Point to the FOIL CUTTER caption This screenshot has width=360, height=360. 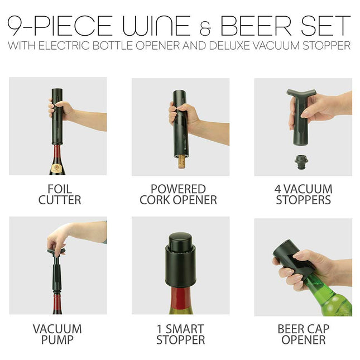tap(59, 194)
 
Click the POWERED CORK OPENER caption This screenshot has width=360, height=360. tap(178, 194)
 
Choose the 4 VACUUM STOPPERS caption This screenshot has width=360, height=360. tap(304, 194)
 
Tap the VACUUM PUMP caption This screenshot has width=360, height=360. tap(57, 334)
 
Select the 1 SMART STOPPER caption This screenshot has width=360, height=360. tap(180, 334)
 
